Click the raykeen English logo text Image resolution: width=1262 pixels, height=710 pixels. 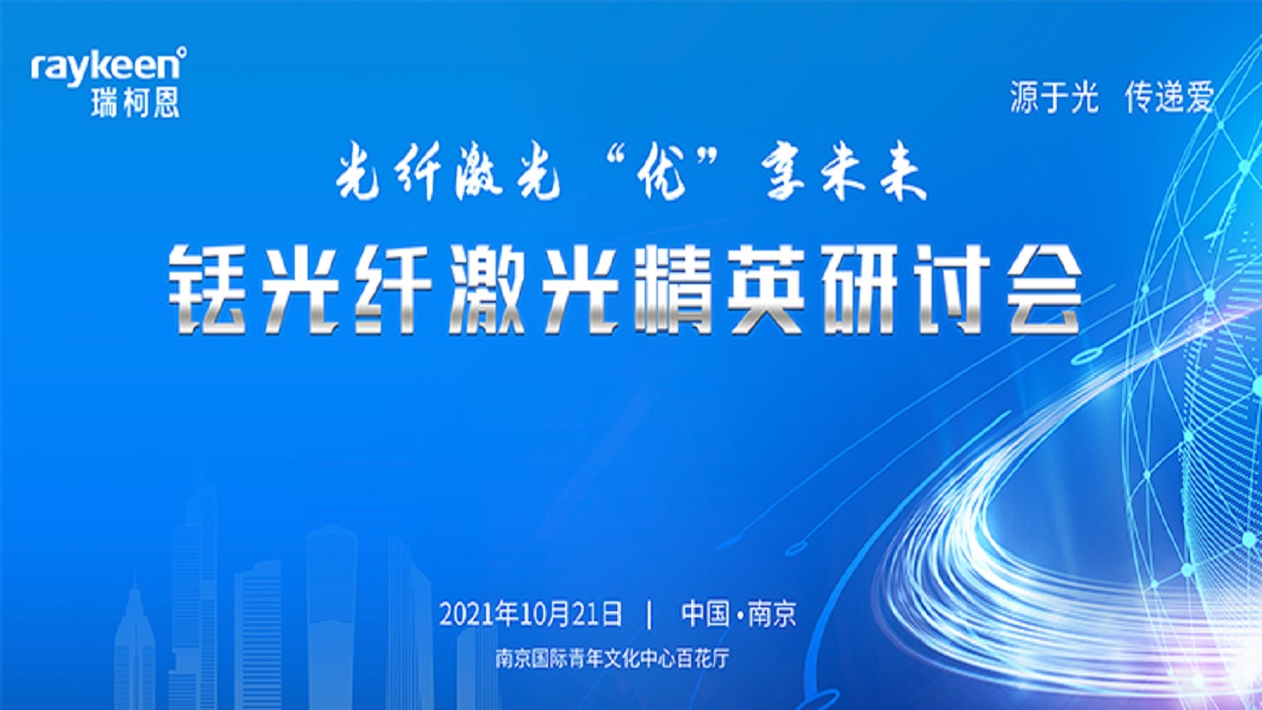coord(105,69)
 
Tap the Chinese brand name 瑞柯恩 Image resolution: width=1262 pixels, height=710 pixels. coord(135,103)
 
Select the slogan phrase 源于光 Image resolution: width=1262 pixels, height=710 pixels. coord(1054,97)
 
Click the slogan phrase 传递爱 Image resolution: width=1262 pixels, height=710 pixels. coord(1169,97)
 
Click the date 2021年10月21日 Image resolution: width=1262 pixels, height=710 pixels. coord(530,614)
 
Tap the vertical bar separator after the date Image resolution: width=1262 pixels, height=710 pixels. coord(651,614)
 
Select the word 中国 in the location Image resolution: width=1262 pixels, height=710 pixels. coord(705,613)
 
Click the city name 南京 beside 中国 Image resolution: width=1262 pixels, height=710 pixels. coord(772,613)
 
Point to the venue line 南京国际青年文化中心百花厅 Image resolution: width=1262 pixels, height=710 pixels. coord(612,658)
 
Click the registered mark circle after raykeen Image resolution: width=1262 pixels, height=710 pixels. coord(181,52)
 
